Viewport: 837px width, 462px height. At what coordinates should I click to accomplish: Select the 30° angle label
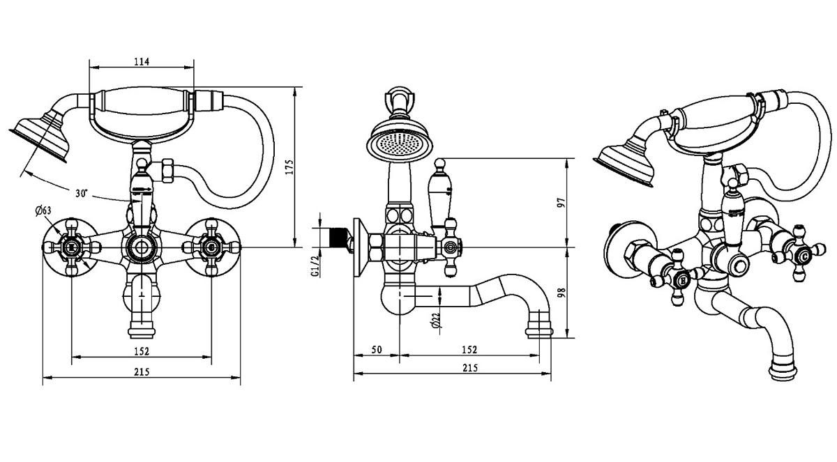[82, 193]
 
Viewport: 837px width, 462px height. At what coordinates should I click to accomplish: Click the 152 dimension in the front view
[141, 351]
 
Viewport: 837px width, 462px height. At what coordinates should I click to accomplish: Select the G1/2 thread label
[316, 264]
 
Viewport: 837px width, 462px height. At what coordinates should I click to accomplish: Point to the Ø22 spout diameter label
[435, 320]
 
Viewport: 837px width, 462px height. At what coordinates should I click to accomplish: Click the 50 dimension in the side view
[377, 349]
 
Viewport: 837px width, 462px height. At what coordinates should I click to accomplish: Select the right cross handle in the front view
[211, 246]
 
